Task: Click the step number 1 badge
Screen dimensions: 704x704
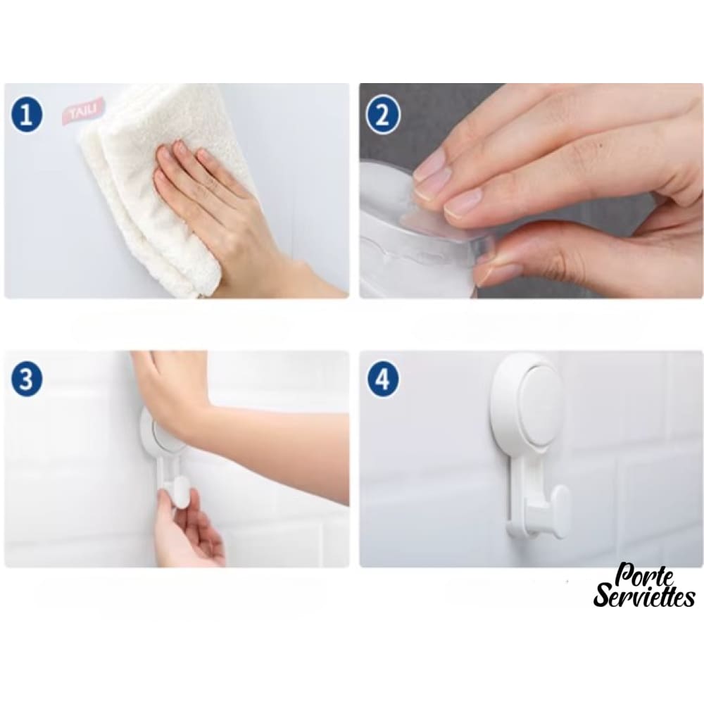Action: click(x=27, y=115)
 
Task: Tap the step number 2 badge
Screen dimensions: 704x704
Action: click(x=382, y=116)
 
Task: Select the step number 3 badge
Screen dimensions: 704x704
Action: click(x=27, y=379)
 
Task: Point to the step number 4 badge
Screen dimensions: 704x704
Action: click(x=382, y=379)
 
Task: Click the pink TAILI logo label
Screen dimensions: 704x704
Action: click(x=83, y=111)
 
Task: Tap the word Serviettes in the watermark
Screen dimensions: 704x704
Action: click(x=644, y=596)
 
